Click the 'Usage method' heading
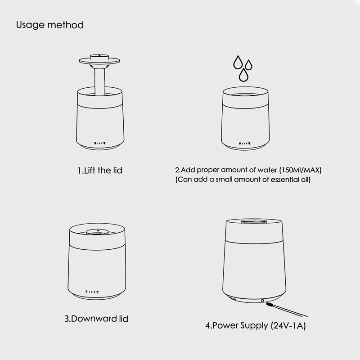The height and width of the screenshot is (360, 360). pyautogui.click(x=50, y=25)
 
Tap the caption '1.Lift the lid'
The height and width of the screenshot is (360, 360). pyautogui.click(x=100, y=171)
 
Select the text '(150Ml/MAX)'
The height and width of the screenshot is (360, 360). pyautogui.click(x=300, y=170)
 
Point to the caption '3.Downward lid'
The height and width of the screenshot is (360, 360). pyautogui.click(x=96, y=319)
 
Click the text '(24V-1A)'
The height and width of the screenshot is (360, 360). pyautogui.click(x=288, y=325)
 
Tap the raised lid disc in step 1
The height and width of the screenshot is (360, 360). pyautogui.click(x=99, y=61)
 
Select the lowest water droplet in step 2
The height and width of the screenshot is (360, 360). pyautogui.click(x=243, y=75)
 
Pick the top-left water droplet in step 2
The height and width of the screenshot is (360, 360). pyautogui.click(x=238, y=62)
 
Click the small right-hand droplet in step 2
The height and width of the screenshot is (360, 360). pyautogui.click(x=248, y=65)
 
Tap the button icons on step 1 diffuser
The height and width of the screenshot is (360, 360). pyautogui.click(x=100, y=143)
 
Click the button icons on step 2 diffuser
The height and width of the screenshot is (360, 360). pyautogui.click(x=244, y=143)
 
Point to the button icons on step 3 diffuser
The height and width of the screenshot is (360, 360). pyautogui.click(x=92, y=292)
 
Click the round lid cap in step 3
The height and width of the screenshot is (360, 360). pyautogui.click(x=97, y=232)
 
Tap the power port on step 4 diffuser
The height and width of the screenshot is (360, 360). pyautogui.click(x=262, y=301)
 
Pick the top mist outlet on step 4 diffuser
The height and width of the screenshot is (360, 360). pyautogui.click(x=254, y=221)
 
